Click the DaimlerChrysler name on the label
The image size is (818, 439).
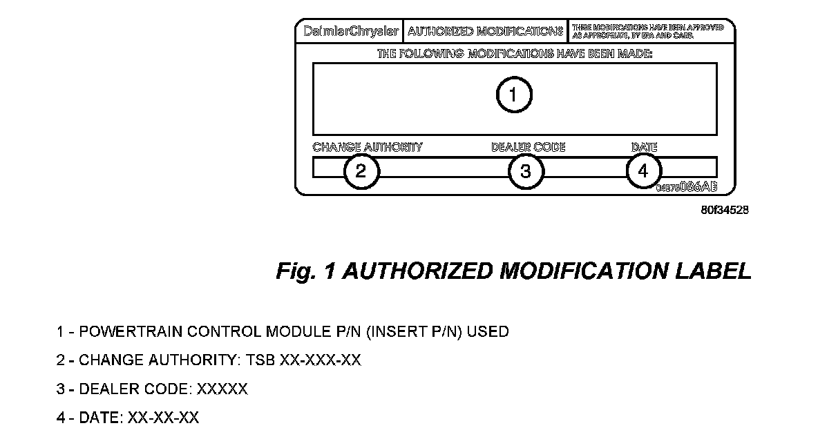[351, 32]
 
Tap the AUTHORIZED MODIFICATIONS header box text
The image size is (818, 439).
[485, 32]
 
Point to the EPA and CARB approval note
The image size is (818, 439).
[647, 31]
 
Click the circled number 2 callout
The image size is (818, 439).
[361, 171]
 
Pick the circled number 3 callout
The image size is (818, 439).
[526, 171]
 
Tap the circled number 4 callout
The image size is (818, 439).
[644, 171]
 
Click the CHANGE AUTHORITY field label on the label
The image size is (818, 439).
[367, 147]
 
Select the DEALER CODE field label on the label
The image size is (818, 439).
[528, 147]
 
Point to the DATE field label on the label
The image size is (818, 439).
[644, 147]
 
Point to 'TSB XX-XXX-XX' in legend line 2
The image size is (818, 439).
[320, 360]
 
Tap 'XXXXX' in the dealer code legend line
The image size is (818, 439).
[222, 389]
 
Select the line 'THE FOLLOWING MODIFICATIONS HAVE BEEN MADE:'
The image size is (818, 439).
[514, 53]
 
